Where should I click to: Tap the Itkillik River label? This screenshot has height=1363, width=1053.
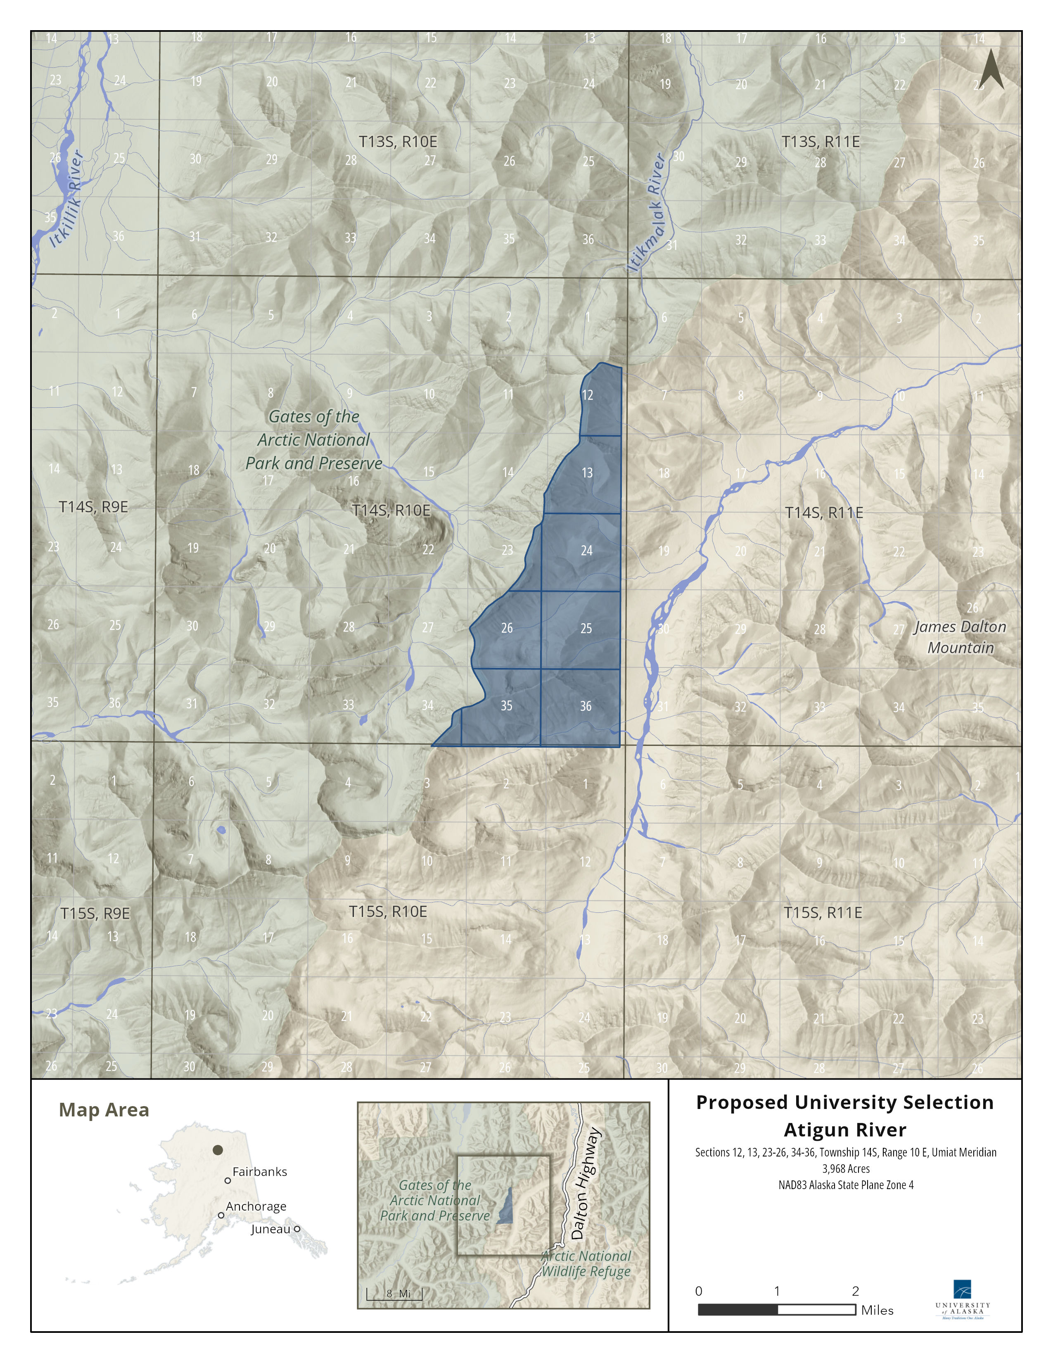[x=67, y=198]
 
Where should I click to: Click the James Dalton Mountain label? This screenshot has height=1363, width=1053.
[x=960, y=637]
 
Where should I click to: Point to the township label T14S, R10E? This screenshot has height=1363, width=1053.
[x=391, y=511]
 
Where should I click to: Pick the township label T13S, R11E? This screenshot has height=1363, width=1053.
[x=821, y=142]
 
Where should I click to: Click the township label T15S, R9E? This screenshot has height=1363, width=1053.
[x=95, y=914]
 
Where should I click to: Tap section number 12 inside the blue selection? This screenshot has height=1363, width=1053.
[x=587, y=395]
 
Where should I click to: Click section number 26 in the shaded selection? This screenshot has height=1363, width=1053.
[x=507, y=628]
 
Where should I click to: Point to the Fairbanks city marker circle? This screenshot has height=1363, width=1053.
[x=228, y=1181]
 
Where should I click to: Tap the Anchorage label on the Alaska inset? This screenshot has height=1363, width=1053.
[x=256, y=1206]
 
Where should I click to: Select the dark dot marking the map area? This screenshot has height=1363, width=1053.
[x=218, y=1149]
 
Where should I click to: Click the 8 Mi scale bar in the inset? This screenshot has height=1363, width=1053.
[x=394, y=1294]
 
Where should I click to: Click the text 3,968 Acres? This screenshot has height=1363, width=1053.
[x=845, y=1169]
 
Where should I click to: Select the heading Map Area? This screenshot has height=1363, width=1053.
[x=104, y=1110]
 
